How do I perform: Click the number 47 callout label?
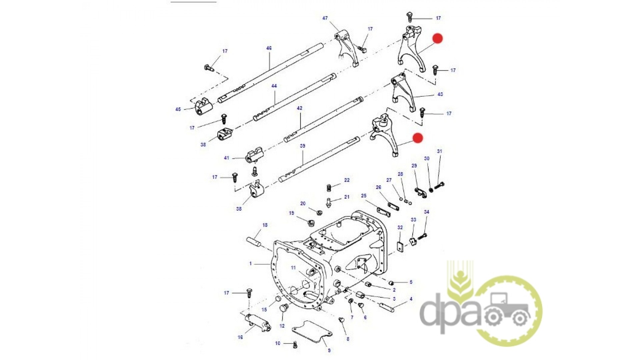point(325,18)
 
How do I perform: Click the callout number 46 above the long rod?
point(269,48)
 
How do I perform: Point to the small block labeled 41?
point(255,156)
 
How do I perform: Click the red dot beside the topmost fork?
point(437,38)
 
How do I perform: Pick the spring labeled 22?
point(329,188)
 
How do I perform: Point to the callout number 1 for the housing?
point(251,263)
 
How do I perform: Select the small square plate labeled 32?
point(400,247)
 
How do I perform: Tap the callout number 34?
point(427,212)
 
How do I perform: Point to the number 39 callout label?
point(303,146)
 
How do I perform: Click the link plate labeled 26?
point(393,206)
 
